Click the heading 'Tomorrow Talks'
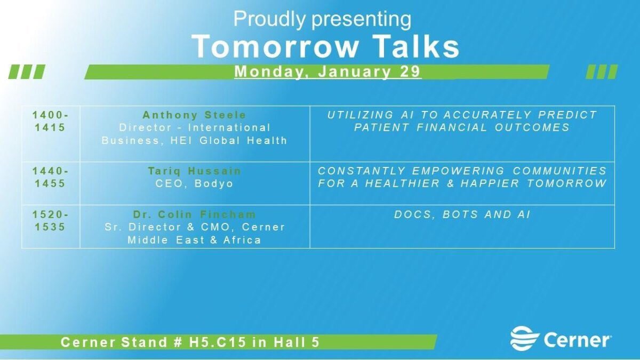325,46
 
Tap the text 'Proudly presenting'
322,20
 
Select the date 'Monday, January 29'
327,71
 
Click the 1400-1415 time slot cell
51,121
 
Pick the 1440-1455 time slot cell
51,177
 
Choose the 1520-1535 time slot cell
51,221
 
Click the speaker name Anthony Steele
195,115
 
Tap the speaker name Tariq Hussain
195,171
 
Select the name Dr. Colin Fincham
195,215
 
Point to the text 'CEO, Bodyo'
195,183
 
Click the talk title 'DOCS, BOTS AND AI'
462,215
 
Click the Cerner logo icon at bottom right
524,339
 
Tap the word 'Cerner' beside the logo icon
577,340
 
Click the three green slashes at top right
602,71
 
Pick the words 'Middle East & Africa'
195,240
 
